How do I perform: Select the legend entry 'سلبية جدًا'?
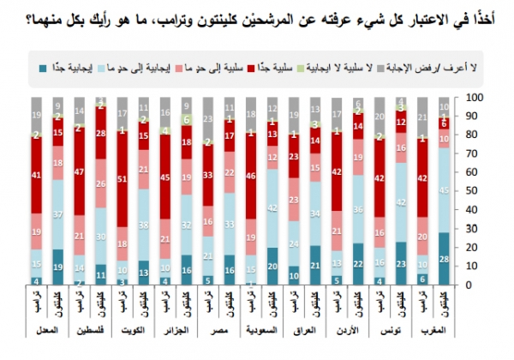coord(268,64)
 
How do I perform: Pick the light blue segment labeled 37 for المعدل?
coord(57,214)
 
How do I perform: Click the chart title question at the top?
coord(257,12)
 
